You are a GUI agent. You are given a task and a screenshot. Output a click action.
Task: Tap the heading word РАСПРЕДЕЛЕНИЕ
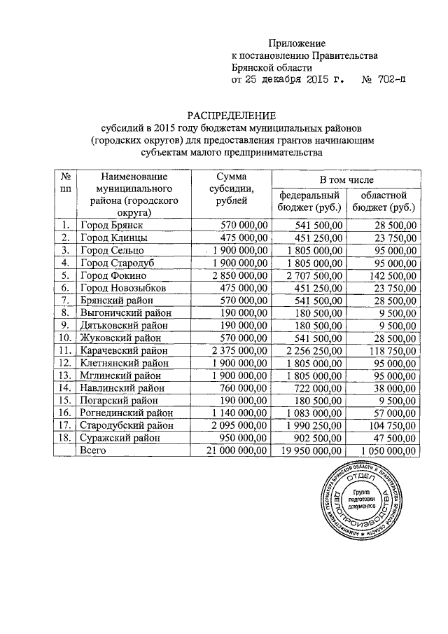[x=232, y=114]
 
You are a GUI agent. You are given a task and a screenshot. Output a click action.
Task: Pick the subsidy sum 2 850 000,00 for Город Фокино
[x=238, y=275]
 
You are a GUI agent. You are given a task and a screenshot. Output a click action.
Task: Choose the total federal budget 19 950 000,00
[x=308, y=452]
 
